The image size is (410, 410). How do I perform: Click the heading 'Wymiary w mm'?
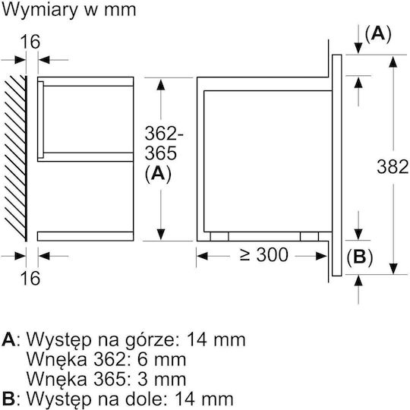69,10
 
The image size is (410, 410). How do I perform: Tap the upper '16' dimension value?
30,41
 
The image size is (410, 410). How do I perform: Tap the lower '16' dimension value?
30,278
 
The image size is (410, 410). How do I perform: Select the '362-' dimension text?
164,134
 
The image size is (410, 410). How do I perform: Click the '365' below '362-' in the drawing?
160,153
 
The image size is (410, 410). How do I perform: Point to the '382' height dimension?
393,166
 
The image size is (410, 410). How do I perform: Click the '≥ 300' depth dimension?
263,254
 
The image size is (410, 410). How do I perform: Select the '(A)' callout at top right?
378,34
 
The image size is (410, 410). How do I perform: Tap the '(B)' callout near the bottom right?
359,257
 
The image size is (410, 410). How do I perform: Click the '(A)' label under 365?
158,174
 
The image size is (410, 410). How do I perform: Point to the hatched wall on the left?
16,158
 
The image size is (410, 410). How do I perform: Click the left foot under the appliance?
219,236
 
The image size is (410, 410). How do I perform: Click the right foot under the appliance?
309,236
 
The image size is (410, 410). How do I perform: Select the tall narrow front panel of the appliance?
337,166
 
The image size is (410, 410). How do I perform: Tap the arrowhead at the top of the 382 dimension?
393,62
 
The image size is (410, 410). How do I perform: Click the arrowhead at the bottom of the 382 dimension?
393,269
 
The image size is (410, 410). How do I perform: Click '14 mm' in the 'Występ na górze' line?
216,339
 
